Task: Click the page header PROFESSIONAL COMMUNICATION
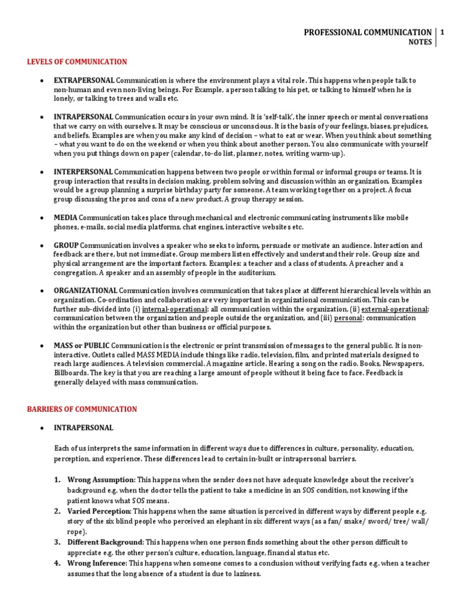368,32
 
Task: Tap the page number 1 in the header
443,32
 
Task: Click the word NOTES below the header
420,42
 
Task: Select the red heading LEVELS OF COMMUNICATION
77,62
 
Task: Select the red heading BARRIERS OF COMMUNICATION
82,409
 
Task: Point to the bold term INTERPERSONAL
83,172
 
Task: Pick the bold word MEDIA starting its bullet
66,218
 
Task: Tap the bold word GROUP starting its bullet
66,246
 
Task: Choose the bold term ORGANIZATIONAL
85,290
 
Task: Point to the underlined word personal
348,318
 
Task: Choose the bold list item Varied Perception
99,512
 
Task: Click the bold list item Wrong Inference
96,564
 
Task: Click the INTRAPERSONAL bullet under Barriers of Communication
83,428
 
